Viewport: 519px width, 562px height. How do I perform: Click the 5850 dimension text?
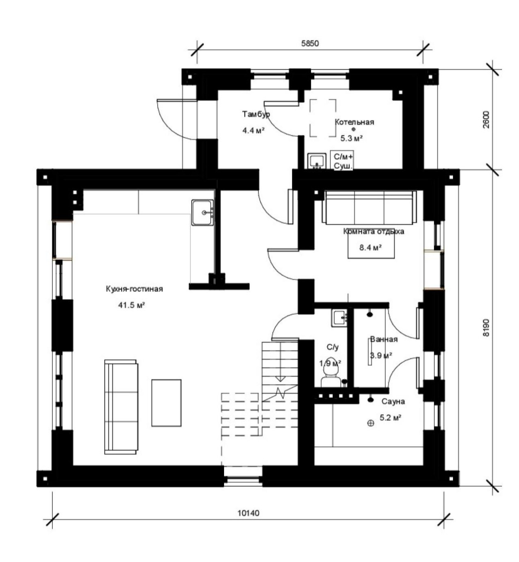tap(310, 43)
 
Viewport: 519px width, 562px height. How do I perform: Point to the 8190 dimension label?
tap(486, 327)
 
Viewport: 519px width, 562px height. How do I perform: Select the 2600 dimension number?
tap(486, 120)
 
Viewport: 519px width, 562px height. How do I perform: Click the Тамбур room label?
tap(256, 114)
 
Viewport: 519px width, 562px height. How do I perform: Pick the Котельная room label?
tap(354, 122)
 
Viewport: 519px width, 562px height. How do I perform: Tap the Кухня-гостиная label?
tap(134, 289)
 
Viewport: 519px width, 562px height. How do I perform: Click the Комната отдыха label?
tap(373, 232)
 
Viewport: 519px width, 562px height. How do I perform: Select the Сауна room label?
tap(393, 401)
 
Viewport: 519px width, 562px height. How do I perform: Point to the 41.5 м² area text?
tap(132, 305)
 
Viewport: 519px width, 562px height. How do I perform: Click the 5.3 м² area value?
tap(351, 138)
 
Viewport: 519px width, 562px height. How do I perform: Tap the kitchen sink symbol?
tap(202, 213)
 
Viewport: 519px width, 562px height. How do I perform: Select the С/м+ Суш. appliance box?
tap(341, 161)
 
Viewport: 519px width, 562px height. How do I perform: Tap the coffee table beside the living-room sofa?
tap(166, 403)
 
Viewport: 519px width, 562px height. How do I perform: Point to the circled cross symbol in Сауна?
tap(370, 423)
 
